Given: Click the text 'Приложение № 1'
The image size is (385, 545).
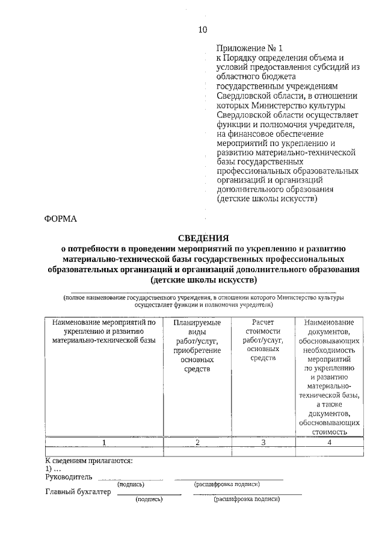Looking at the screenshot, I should tap(249, 47).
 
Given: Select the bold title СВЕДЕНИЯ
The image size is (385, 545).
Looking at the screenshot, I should tap(203, 238).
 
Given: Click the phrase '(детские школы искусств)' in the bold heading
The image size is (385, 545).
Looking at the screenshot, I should tap(203, 280).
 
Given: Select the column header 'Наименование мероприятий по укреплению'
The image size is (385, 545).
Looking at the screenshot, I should tap(104, 332).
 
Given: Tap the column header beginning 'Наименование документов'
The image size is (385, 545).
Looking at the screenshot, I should tap(329, 376).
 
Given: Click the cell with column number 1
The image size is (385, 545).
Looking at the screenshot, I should tap(104, 443).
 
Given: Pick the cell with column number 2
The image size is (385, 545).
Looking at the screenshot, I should tap(197, 443).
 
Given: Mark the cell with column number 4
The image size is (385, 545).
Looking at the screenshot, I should tap(329, 443).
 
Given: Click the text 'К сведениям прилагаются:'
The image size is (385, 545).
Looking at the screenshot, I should tap(89, 461).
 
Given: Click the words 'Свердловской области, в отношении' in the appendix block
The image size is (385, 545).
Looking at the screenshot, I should tap(287, 95).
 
